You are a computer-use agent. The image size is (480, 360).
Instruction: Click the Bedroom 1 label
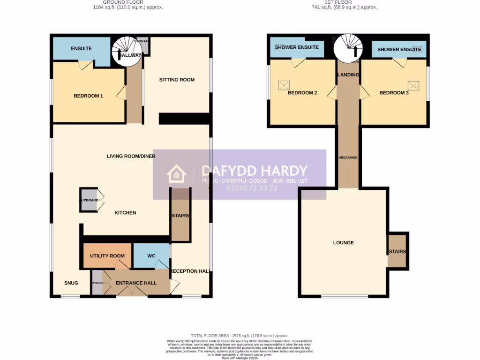point(88,96)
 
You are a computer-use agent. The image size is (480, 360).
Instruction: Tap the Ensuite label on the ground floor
point(81,49)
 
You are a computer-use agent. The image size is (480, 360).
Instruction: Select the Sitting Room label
point(177,80)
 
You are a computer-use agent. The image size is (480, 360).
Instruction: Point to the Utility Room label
point(107,256)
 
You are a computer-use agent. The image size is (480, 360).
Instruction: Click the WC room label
point(151,256)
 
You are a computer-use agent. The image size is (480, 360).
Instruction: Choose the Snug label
point(71,283)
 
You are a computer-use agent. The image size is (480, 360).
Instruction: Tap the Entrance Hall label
point(136,283)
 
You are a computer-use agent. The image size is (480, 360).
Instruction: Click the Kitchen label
point(125,213)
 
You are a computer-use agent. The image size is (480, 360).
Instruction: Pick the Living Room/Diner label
point(131,156)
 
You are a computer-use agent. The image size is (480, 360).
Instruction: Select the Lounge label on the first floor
point(343,243)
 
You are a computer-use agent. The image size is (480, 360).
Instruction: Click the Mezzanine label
point(348,157)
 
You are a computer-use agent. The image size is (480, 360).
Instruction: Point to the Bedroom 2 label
point(302,93)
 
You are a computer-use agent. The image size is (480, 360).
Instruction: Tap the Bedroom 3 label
point(394,93)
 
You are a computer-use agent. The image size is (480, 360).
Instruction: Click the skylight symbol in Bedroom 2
point(284,85)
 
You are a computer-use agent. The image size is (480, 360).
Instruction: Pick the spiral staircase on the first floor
point(348,48)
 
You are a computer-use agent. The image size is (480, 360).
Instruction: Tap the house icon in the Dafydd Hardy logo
point(177,174)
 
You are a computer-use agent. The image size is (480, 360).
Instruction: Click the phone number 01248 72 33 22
point(252,188)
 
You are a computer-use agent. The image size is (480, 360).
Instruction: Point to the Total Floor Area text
point(240,336)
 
